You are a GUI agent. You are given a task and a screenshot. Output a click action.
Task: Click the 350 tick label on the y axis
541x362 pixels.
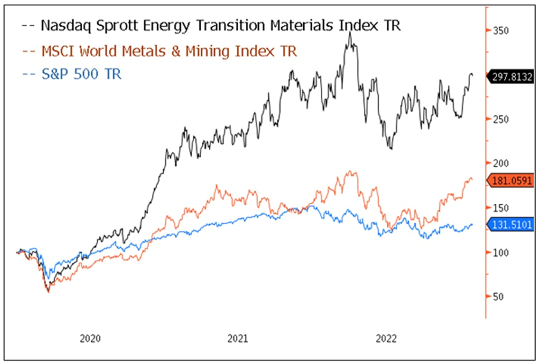pos(501,31)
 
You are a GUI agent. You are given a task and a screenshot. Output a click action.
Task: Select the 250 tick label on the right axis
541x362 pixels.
pos(501,119)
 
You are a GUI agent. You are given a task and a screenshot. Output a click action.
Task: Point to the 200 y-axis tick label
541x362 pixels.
pos(501,163)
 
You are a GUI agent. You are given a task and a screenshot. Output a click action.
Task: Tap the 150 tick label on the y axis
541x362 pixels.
pos(501,208)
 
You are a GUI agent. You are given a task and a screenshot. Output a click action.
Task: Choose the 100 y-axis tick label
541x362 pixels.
pos(501,252)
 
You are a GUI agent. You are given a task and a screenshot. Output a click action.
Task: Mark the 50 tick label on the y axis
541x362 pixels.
pos(499,296)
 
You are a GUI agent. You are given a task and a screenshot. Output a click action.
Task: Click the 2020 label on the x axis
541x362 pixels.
pos(90,339)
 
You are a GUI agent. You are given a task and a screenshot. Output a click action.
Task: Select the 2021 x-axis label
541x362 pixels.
pos(238,339)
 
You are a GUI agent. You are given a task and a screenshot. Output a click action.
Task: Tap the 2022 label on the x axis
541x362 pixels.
pos(386,339)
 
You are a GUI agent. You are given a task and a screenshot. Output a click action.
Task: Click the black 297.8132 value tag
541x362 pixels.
pos(511,77)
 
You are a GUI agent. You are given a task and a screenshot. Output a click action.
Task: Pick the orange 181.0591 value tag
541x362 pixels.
pos(511,181)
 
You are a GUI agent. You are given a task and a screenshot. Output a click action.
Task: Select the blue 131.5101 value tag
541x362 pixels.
pos(511,225)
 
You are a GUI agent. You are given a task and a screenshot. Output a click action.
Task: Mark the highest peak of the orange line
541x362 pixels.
pos(350,172)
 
